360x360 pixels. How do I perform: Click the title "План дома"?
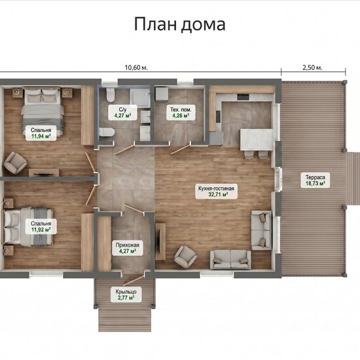(x=179, y=24)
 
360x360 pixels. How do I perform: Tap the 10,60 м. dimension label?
(x=136, y=67)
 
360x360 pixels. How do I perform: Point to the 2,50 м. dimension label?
(x=312, y=67)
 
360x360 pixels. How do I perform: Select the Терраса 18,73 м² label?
(x=315, y=181)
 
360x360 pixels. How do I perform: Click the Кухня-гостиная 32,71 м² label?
(x=216, y=192)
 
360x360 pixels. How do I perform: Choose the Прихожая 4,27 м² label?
(x=128, y=248)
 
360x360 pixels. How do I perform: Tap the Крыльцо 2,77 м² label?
(x=126, y=295)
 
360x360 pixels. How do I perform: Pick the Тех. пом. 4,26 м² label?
(x=181, y=113)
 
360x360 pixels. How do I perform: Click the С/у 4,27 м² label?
(x=123, y=113)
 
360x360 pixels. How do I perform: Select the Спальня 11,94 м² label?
(x=41, y=133)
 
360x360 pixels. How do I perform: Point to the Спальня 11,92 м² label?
(x=41, y=226)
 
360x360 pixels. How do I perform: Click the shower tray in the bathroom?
(x=140, y=98)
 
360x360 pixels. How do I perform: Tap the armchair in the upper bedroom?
(x=14, y=162)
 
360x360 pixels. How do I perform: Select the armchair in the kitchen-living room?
(x=185, y=256)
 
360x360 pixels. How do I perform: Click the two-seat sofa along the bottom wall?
(x=230, y=259)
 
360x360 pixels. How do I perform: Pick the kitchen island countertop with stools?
(x=257, y=139)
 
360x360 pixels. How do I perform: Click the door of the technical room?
(x=181, y=149)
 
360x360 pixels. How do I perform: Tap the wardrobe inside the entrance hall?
(x=105, y=243)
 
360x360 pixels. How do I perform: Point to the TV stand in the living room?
(x=160, y=241)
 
